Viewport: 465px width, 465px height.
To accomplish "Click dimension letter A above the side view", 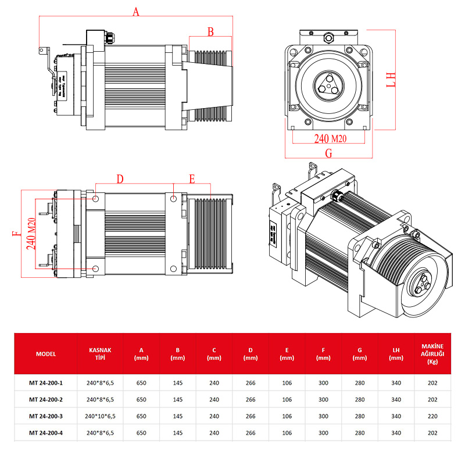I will point(136,12).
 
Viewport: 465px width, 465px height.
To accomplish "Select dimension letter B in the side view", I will point(211,31).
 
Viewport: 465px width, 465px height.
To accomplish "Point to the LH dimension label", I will point(391,80).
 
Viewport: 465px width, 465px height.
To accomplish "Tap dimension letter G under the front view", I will point(328,153).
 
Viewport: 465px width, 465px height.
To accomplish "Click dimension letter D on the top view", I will point(120,179).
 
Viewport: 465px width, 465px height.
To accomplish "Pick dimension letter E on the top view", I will point(192,179).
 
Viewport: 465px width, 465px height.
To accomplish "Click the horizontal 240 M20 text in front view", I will point(330,138).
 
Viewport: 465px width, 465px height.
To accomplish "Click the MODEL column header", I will point(45,353).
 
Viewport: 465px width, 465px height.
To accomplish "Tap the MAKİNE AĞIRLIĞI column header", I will point(432,353).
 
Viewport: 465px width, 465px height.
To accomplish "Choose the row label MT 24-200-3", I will point(45,416).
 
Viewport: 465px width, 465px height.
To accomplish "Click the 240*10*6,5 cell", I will point(100,416).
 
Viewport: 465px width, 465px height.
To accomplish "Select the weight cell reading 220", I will point(432,416).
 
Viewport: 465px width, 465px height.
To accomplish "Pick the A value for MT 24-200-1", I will point(141,384).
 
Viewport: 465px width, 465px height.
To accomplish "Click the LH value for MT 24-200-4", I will point(396,432).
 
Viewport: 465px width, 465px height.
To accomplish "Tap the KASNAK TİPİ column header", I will point(100,353).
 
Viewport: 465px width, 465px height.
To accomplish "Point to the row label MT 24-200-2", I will point(45,400).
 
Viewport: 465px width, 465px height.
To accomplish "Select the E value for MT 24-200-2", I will point(287,400).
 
